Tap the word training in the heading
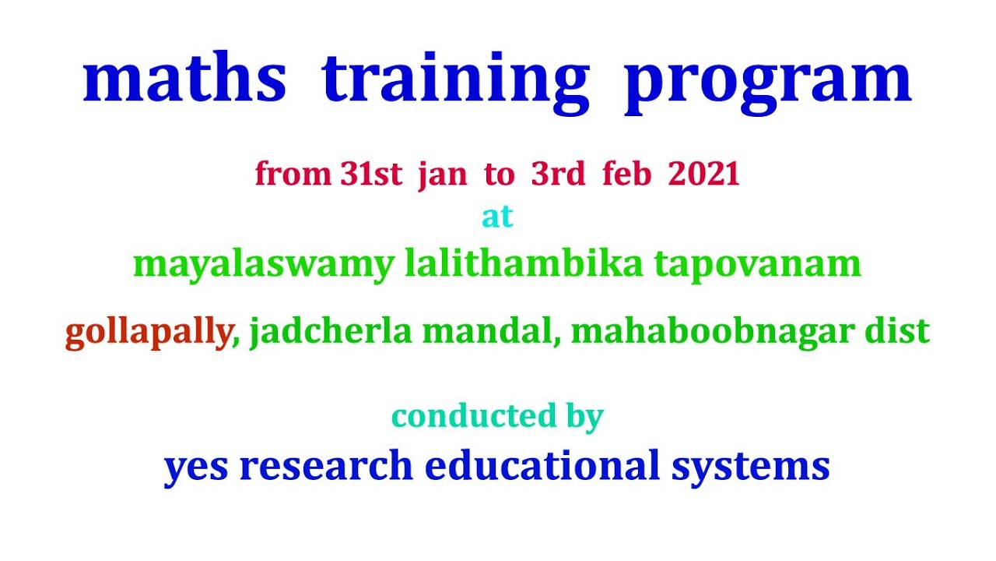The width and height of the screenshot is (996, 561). tap(455, 83)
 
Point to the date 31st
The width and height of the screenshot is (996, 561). tap(371, 174)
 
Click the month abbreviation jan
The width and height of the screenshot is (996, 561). tap(443, 176)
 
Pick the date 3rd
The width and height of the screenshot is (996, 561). tap(558, 174)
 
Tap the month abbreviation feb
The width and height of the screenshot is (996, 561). tap(627, 173)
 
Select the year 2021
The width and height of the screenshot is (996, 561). tap(703, 174)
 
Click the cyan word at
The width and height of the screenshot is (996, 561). tap(497, 217)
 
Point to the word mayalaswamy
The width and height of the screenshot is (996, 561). tap(264, 266)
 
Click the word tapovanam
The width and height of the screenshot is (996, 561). tap(758, 266)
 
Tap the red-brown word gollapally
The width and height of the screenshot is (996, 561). tap(149, 333)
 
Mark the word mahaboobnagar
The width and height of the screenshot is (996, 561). tap(712, 333)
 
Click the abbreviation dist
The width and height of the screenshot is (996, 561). tap(897, 331)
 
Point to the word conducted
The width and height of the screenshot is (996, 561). tap(474, 416)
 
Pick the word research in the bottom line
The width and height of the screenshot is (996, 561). tap(326, 466)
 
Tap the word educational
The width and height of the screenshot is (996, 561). tap(542, 464)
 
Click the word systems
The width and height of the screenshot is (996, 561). tap(751, 468)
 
